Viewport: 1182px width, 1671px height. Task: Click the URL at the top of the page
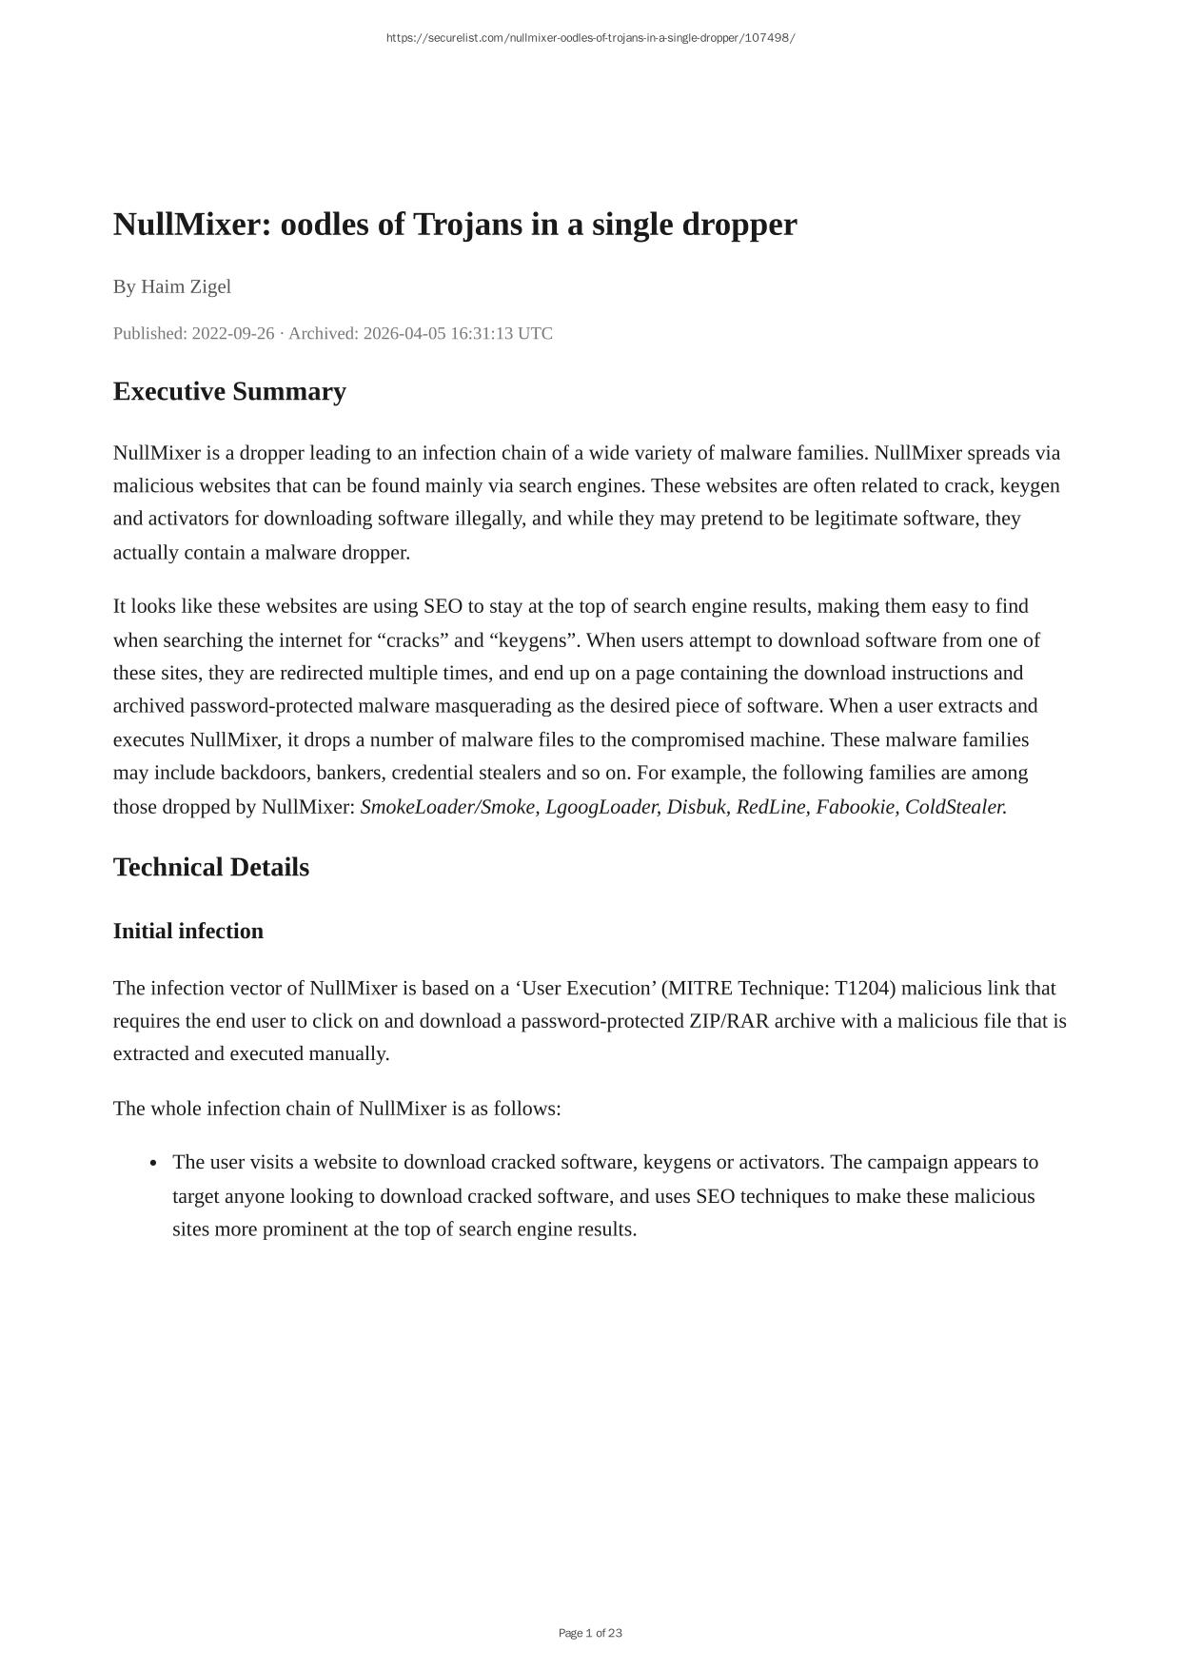(590, 38)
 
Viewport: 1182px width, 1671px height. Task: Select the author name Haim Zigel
(186, 286)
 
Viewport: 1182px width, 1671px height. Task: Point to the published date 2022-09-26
(233, 333)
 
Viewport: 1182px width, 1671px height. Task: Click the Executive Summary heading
(229, 392)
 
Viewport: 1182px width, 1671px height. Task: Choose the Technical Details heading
(211, 868)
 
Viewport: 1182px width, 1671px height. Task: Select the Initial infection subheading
(188, 931)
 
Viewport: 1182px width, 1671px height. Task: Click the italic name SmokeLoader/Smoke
(447, 807)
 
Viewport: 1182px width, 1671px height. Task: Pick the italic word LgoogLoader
(601, 807)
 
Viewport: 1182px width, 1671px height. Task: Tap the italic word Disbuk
(696, 807)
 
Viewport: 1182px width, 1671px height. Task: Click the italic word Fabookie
(856, 807)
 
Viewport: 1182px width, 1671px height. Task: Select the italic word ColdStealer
(955, 807)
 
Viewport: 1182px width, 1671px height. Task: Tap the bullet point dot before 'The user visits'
(153, 1164)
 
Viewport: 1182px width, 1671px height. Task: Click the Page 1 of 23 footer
(590, 1633)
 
